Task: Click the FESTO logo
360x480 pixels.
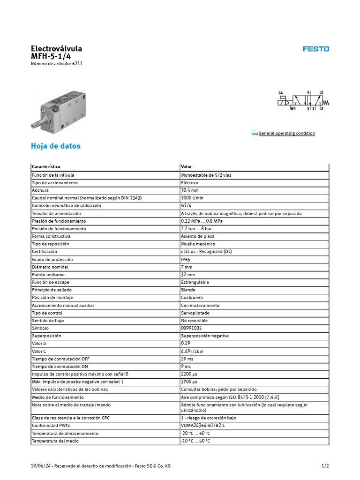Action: (x=315, y=49)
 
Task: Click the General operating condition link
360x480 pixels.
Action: (x=286, y=134)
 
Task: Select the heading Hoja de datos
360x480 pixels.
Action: (x=55, y=146)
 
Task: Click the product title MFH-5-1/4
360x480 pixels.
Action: (x=51, y=56)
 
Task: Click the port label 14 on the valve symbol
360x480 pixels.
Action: (x=280, y=93)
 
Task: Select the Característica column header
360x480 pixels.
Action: (x=46, y=167)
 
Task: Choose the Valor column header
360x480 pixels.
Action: (x=186, y=167)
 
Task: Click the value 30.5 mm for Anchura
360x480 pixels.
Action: (x=190, y=190)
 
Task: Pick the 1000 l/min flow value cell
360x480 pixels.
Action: (x=192, y=198)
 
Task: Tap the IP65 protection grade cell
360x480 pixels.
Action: (x=187, y=259)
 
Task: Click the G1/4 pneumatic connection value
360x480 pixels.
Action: (x=187, y=205)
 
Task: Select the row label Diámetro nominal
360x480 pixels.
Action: (x=50, y=267)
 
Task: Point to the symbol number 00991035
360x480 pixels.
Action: (x=191, y=328)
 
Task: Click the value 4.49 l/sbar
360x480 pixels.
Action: (x=192, y=351)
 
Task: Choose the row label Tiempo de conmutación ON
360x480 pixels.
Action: (x=60, y=367)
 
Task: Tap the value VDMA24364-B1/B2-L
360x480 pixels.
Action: (x=203, y=425)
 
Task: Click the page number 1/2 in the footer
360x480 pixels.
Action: (x=325, y=466)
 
